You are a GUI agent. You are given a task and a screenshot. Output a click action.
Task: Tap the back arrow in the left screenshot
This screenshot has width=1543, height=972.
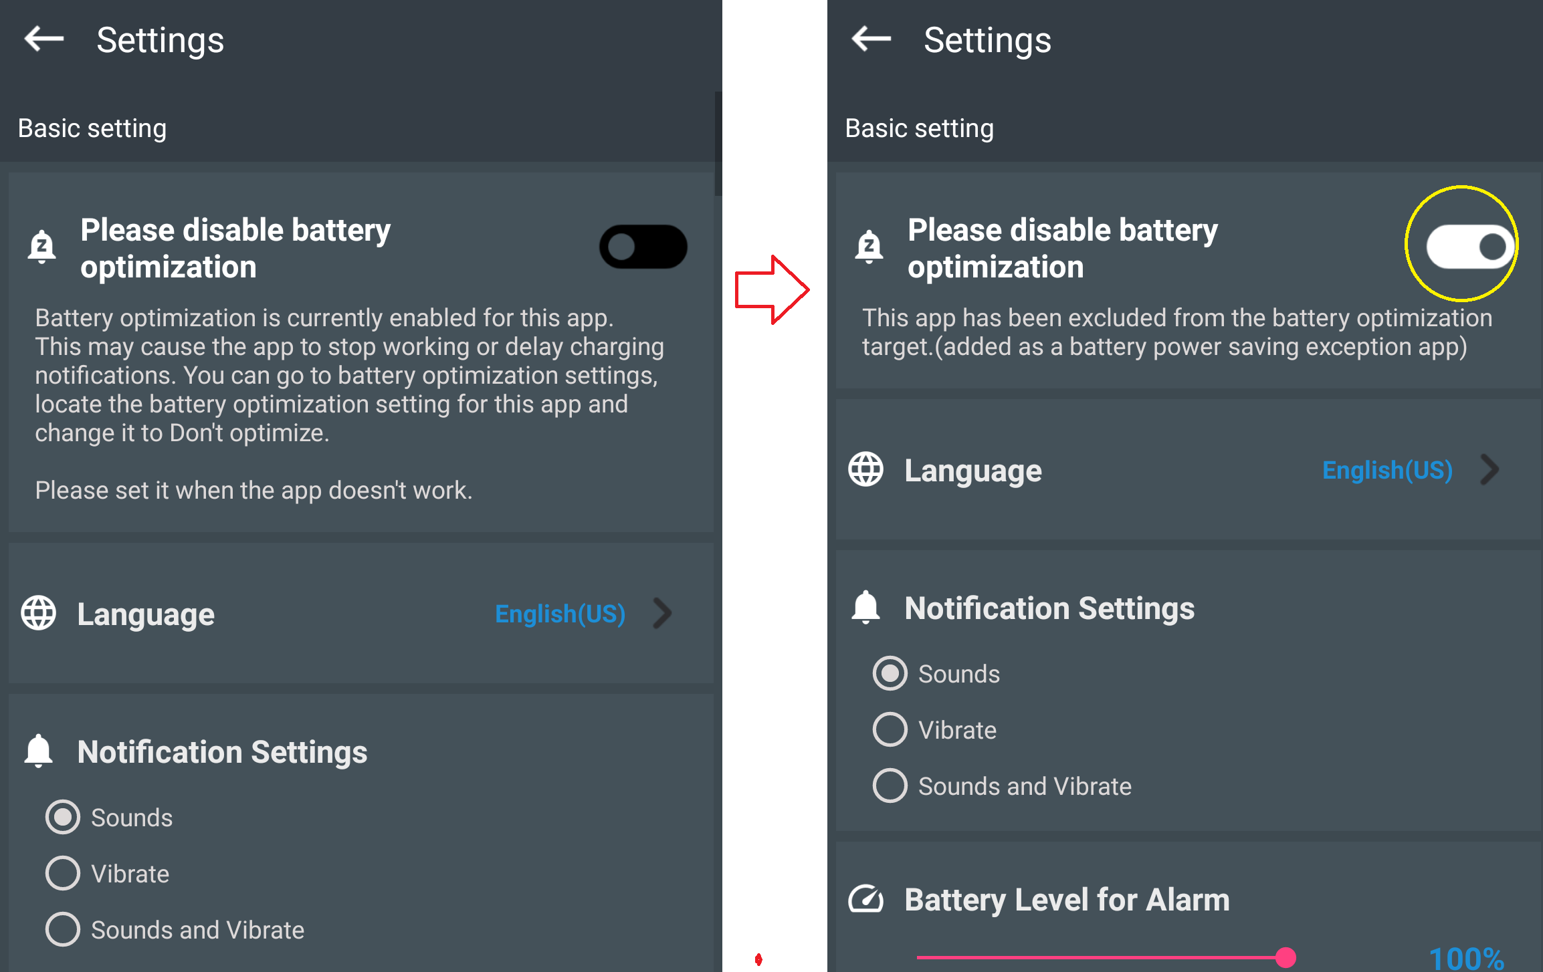[44, 39]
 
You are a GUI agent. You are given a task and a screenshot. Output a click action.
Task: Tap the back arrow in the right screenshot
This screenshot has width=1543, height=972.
[871, 39]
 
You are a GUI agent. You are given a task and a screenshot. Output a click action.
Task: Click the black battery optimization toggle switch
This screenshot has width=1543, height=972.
[643, 247]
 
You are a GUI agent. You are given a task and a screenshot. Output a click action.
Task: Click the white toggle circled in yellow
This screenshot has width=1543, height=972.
[1471, 247]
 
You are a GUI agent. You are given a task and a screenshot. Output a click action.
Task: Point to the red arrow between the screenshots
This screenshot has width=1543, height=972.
[773, 289]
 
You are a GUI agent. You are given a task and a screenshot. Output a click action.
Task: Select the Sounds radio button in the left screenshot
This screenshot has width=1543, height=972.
[63, 817]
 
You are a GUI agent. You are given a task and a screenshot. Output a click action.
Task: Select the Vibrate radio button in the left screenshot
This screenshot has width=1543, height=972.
[63, 873]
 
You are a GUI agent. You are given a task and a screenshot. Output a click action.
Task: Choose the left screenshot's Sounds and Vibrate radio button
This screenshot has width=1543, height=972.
[63, 929]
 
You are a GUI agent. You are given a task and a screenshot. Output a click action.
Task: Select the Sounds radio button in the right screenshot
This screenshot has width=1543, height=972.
[890, 673]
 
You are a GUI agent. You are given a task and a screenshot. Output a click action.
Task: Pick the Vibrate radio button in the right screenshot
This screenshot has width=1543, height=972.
[890, 729]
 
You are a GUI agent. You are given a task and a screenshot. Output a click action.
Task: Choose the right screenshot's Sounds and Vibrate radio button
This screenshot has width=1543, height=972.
[890, 785]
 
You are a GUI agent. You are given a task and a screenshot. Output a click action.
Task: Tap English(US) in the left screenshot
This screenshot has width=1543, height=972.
[560, 614]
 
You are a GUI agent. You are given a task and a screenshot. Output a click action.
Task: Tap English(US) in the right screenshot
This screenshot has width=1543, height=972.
[1388, 470]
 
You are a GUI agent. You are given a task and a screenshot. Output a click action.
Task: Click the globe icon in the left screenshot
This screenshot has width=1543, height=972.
[39, 613]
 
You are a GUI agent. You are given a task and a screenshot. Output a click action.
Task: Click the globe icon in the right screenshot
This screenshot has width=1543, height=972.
[866, 469]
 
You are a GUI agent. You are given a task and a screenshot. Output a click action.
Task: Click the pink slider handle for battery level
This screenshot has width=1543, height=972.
[1285, 957]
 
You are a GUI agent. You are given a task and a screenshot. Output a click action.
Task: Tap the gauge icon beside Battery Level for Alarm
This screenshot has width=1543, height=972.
[866, 899]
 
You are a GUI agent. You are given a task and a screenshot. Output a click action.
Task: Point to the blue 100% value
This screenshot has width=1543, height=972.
[1467, 959]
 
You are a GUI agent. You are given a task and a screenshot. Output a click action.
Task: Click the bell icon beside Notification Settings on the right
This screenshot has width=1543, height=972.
[866, 608]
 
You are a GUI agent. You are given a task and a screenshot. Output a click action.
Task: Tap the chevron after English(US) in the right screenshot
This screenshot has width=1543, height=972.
[1489, 469]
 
